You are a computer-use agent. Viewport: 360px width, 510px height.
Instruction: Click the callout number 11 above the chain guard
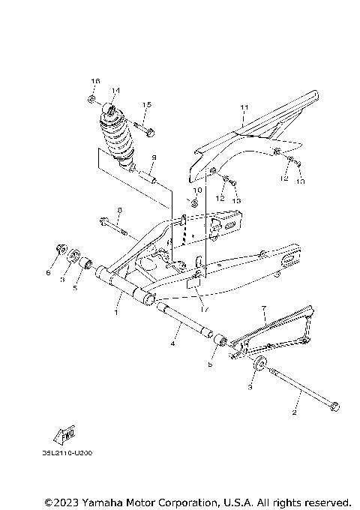242,108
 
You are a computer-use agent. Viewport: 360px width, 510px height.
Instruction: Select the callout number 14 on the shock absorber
115,91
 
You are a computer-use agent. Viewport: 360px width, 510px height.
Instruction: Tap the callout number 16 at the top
95,81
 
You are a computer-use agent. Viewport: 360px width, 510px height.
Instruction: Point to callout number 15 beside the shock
146,104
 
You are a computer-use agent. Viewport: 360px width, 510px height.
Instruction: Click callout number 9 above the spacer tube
152,157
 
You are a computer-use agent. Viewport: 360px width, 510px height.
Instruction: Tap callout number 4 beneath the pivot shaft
172,344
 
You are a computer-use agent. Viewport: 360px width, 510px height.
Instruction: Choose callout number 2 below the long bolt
295,412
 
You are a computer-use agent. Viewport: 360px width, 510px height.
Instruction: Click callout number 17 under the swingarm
202,308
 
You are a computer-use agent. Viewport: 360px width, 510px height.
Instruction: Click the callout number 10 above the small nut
198,191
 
